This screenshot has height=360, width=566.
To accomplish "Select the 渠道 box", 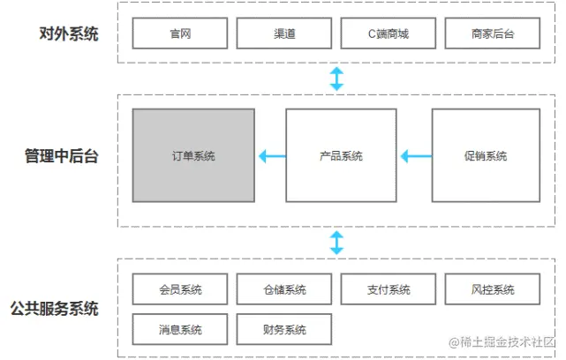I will pos(284,34).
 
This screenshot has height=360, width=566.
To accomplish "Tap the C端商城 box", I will pos(389,34).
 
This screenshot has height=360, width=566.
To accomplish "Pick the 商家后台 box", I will pos(493,34).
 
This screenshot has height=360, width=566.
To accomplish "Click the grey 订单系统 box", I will pos(193,155).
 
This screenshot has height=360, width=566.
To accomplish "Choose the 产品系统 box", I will pos(340,155).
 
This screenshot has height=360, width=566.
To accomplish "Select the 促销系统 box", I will pos(485,155).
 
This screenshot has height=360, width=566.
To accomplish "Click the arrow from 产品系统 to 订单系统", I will pos(272,156).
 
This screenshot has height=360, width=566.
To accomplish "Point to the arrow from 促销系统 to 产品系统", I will pos(416,156).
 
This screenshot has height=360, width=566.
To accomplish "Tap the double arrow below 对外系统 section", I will pos(336,78).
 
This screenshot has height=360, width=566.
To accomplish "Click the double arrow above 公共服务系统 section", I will pos(336,242).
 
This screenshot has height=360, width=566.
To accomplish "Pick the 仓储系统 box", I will pos(284,289).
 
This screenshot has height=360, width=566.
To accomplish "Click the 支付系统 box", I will pos(389,289).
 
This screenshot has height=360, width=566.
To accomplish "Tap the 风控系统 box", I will pos(493,289).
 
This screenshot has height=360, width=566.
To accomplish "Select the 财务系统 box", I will pos(284,329).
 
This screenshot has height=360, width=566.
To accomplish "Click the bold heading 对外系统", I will pos(69,34).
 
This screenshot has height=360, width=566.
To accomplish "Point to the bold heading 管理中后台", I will pos(61,156).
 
